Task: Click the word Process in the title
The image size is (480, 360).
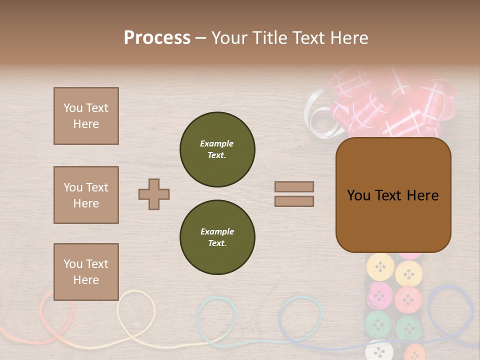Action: [x=157, y=38]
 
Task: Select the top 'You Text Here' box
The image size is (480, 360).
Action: [x=86, y=116]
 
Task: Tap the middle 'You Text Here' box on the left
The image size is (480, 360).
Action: [x=86, y=195]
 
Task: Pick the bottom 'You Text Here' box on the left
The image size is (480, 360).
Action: [x=86, y=271]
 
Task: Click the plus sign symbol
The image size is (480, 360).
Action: [x=154, y=194]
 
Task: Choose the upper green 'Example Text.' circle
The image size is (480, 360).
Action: [x=217, y=149]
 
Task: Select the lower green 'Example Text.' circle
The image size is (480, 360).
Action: [x=217, y=237]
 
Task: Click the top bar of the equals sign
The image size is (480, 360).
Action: [x=294, y=186]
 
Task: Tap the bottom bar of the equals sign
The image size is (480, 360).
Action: [x=294, y=201]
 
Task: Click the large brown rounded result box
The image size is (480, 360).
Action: [x=393, y=195]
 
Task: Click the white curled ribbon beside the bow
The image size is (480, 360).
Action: [x=318, y=115]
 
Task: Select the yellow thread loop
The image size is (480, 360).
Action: [x=136, y=310]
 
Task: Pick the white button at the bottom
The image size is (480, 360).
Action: [x=378, y=350]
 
